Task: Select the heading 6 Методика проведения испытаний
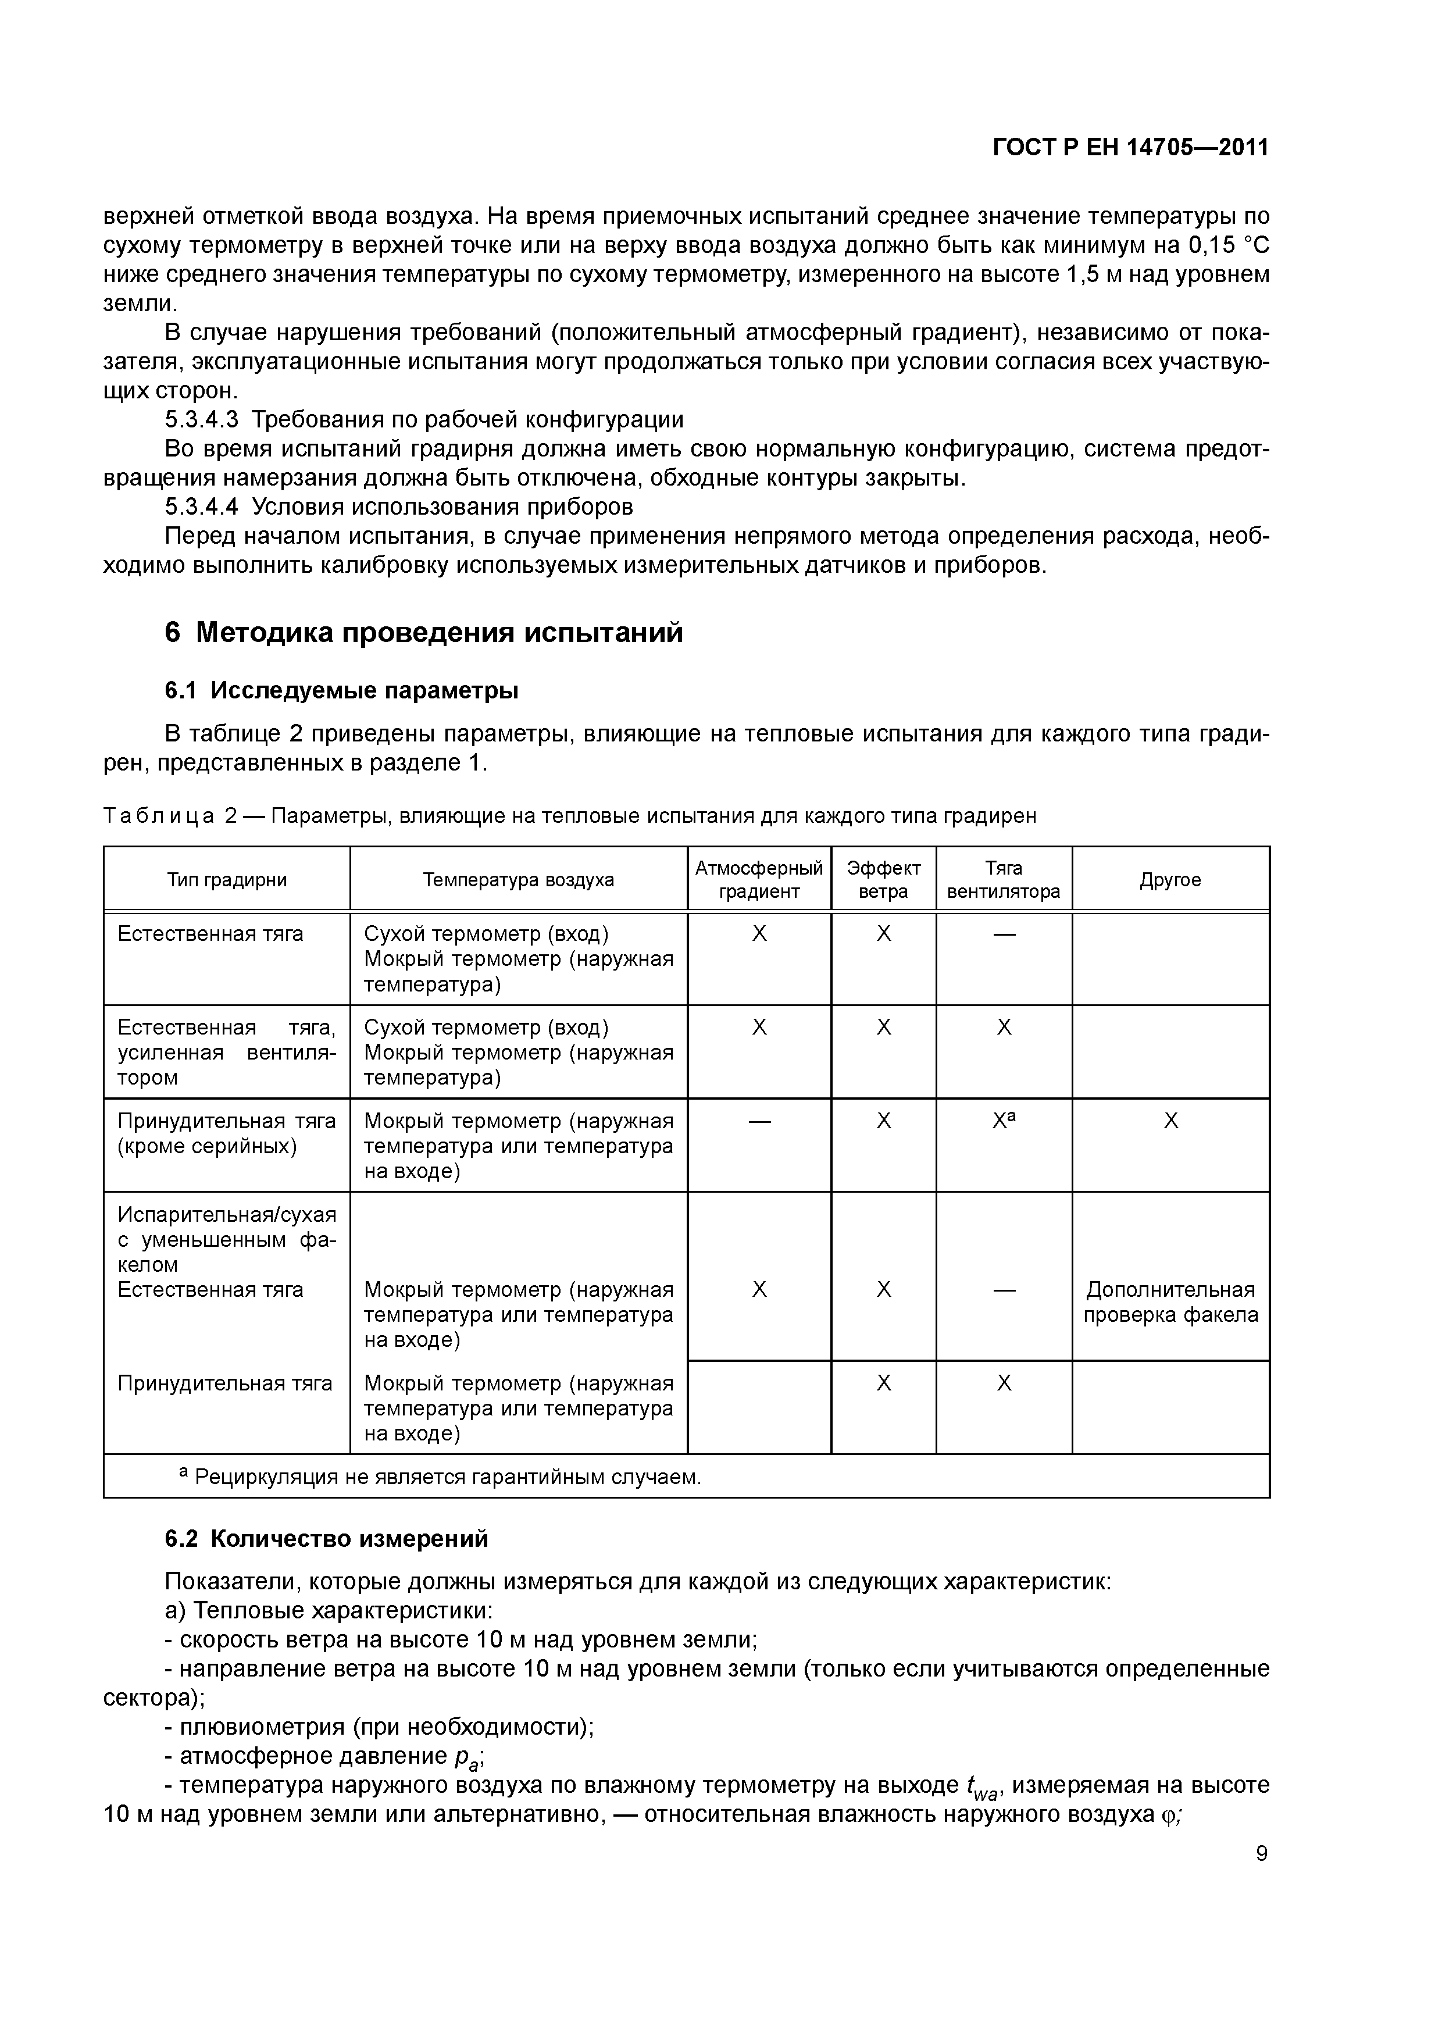point(424,633)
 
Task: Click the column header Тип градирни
point(227,880)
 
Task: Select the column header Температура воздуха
point(518,880)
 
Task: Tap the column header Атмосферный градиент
point(759,880)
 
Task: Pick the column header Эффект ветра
point(883,880)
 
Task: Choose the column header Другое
point(1170,880)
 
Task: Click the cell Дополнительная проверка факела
point(1170,1303)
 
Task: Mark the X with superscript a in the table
point(1004,1121)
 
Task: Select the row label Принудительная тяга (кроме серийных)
point(227,1134)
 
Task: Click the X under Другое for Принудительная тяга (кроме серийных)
point(1170,1121)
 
